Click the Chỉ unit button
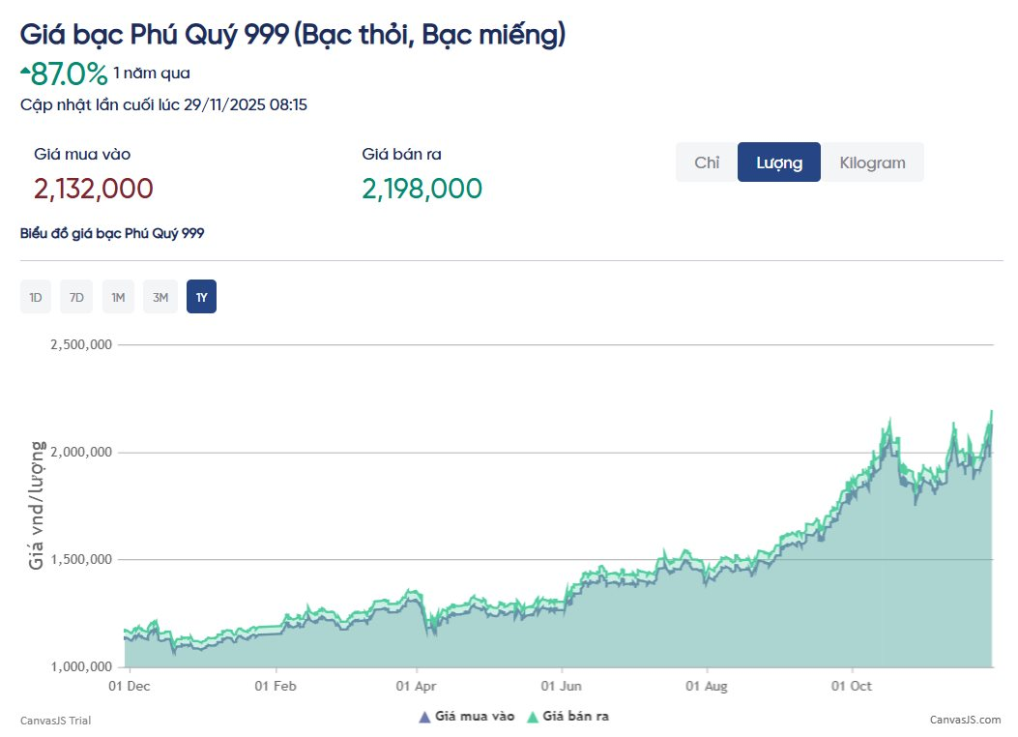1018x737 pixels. tap(707, 162)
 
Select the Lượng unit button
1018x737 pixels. tap(779, 162)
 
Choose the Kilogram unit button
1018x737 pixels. tap(872, 162)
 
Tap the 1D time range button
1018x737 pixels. tap(36, 297)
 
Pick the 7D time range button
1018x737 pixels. tap(76, 297)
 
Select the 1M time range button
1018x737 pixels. tap(118, 297)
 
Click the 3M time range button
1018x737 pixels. tap(160, 297)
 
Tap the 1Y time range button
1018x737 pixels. tap(201, 297)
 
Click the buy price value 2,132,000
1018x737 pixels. tap(94, 189)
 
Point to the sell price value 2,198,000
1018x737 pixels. tap(422, 189)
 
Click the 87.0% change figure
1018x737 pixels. tap(69, 74)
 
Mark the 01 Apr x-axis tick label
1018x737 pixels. tap(417, 686)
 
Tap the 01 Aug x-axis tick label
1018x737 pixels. tap(707, 686)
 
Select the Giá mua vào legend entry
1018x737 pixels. tap(468, 717)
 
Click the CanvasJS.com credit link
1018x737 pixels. tap(965, 720)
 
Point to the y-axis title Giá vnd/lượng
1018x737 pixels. tap(37, 505)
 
